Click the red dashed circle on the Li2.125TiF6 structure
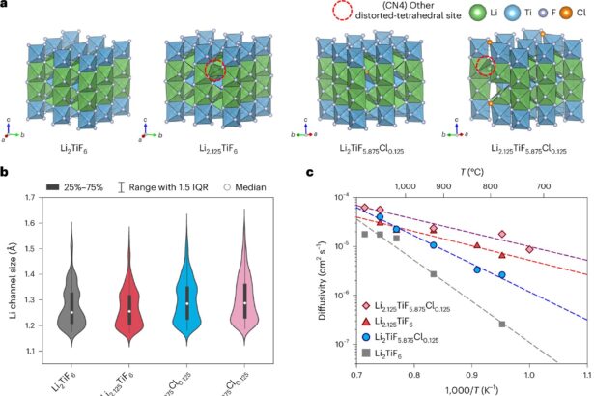[217, 71]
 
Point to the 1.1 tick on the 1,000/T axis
[586, 375]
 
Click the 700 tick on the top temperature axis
[544, 185]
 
